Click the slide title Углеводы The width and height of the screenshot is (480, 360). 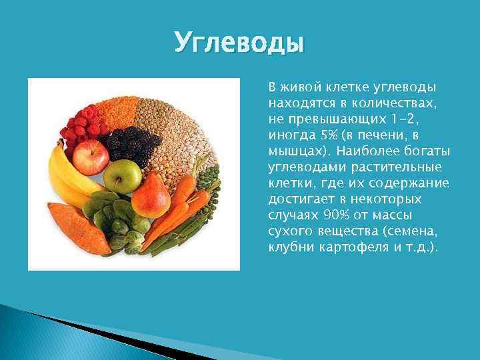(x=239, y=43)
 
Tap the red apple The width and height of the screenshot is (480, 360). (x=91, y=157)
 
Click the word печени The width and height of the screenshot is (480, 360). (x=383, y=135)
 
